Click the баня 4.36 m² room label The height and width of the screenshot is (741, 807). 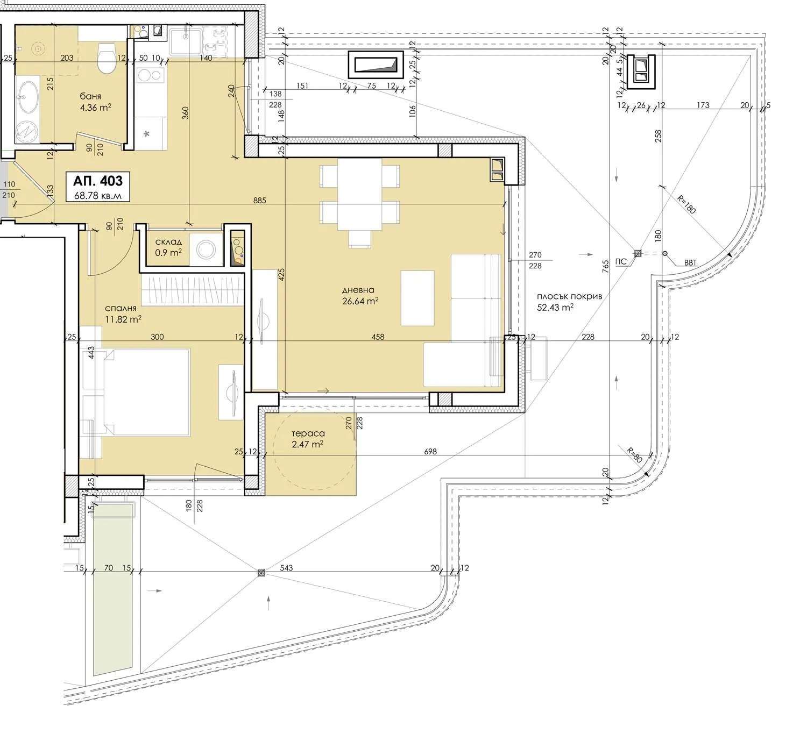coord(95,102)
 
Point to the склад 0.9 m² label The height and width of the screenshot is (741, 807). coord(168,247)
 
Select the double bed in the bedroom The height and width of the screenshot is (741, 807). coord(146,392)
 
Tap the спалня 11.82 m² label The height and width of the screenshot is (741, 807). coord(123,314)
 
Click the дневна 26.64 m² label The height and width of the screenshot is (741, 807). coord(360,295)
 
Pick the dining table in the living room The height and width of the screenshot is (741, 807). coord(359,194)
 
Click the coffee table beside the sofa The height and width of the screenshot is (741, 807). coord(417,298)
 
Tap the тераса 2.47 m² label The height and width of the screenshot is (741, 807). coord(308,439)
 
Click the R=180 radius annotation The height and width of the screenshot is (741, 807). coord(686,204)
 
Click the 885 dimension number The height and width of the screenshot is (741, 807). coord(259,200)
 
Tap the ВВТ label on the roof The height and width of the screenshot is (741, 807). coord(690,263)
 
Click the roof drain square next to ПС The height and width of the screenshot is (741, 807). coord(637,253)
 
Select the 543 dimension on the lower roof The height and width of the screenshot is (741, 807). coord(286,568)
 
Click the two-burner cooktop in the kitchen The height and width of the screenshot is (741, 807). coord(151,75)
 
